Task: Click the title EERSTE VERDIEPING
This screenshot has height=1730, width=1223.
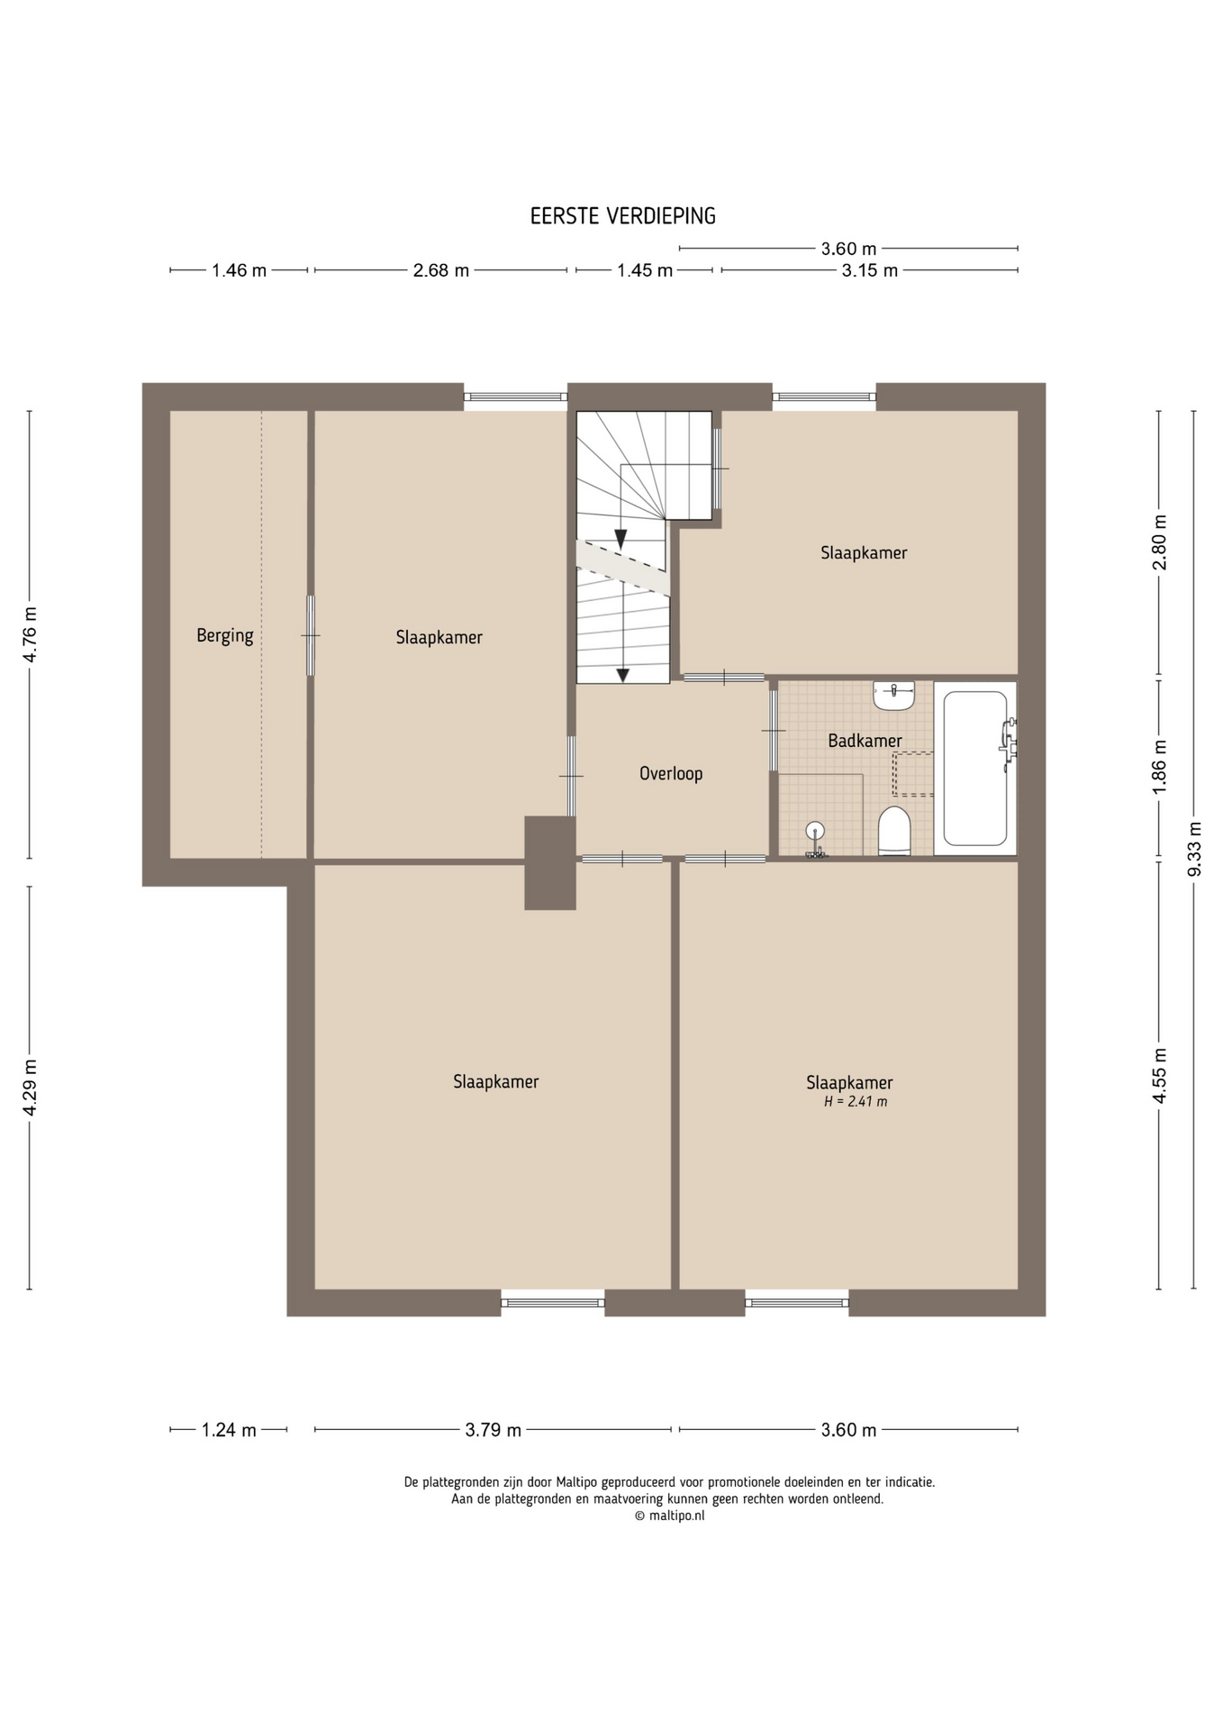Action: point(622,216)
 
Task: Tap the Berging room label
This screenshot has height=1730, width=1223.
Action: point(225,636)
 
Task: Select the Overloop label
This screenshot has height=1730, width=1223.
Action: point(671,773)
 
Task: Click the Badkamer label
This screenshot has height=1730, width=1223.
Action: point(865,741)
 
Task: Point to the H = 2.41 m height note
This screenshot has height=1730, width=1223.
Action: point(856,1101)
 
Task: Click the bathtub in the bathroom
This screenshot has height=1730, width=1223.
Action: point(975,768)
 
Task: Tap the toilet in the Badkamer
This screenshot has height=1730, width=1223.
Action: point(894,831)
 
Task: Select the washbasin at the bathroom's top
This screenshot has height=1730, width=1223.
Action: point(893,695)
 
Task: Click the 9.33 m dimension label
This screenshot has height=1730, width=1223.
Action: point(1194,849)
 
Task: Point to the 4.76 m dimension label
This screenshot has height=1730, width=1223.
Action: point(30,634)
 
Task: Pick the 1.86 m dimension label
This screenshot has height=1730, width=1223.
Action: point(1159,767)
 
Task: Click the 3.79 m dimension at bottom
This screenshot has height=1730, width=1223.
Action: point(494,1430)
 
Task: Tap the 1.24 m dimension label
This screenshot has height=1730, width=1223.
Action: point(229,1430)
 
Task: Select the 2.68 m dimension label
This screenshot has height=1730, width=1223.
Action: point(441,270)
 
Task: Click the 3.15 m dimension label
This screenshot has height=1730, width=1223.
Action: point(870,270)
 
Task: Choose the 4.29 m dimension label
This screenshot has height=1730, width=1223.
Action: point(30,1088)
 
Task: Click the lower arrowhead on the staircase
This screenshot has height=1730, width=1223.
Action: point(621,674)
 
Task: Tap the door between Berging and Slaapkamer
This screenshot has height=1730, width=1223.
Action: point(311,635)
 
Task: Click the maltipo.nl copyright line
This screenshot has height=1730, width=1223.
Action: point(669,1516)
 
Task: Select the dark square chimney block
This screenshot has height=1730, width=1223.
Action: point(550,862)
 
